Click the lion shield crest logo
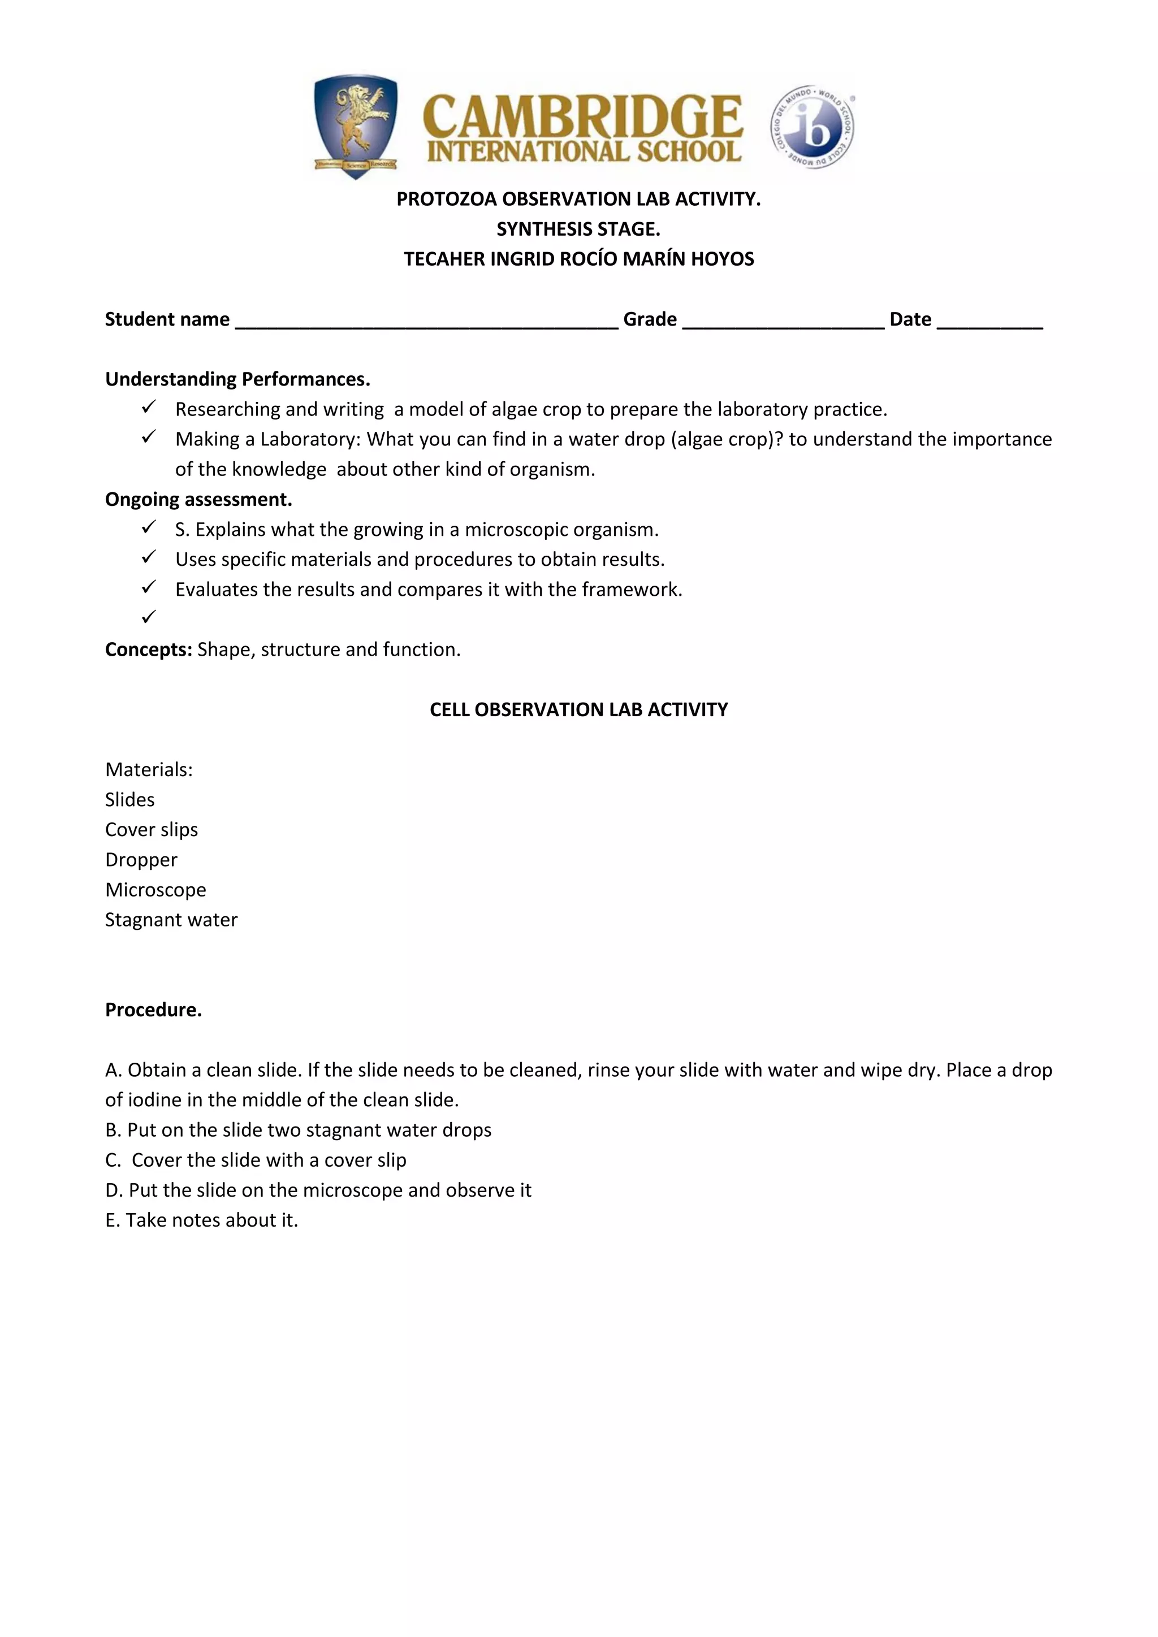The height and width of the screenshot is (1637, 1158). tap(355, 125)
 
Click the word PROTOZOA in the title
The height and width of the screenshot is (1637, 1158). tap(446, 199)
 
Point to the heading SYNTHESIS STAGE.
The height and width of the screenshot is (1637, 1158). tap(578, 229)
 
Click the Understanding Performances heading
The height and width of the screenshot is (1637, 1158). tap(237, 379)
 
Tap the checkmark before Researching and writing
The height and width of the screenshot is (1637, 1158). tap(148, 407)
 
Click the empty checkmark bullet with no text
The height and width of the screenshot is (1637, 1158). tap(148, 617)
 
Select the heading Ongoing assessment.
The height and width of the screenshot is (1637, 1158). tap(198, 499)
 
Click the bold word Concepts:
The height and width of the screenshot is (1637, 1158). tap(148, 649)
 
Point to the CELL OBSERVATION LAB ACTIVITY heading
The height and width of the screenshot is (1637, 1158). tap(578, 709)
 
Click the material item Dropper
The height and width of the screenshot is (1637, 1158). tap(141, 860)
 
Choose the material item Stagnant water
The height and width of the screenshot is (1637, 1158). tap(171, 920)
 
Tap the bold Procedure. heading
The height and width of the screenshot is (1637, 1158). tap(153, 1010)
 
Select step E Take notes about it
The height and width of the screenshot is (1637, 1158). tap(201, 1220)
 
